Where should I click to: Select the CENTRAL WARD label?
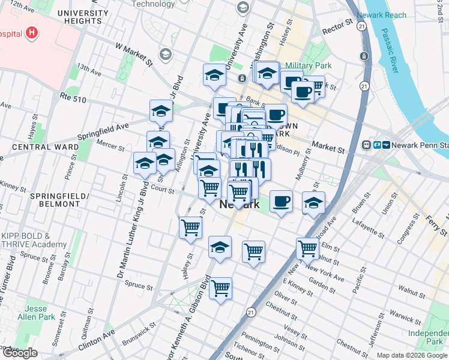pos(45,147)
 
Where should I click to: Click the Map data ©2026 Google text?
pos(412,355)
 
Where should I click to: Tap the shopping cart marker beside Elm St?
pos(307,247)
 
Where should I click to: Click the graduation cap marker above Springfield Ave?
pos(160,110)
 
